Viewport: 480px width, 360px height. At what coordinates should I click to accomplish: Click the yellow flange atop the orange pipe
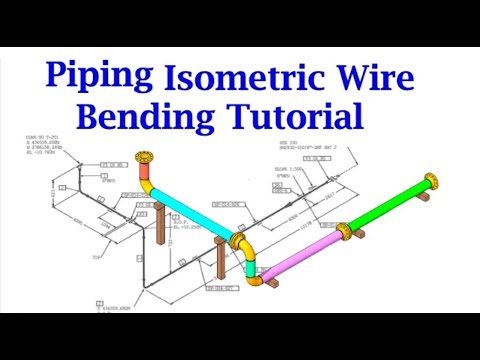tap(147, 160)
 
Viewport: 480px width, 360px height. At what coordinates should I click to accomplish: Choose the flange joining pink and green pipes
tap(343, 232)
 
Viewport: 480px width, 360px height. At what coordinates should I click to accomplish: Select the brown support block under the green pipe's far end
tap(424, 198)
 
